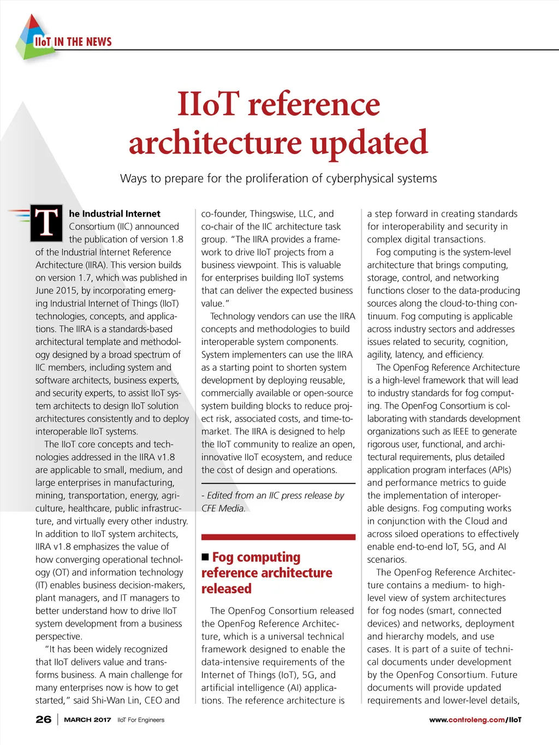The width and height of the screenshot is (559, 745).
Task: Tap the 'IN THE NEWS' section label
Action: coord(83,42)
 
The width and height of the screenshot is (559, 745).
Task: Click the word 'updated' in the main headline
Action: coord(369,142)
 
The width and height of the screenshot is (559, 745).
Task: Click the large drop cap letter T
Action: coord(46,222)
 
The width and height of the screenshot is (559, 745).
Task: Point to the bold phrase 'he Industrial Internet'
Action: coord(115,213)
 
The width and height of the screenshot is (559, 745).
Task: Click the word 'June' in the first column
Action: coord(46,290)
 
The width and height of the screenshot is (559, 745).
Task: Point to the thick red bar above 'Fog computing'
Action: coord(278,538)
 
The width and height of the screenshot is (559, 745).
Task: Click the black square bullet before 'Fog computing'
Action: coord(205,557)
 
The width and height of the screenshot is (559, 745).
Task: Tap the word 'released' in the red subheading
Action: coord(227,588)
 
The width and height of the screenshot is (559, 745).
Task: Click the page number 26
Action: coord(44,719)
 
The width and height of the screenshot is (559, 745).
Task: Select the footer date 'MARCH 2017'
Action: coord(87,720)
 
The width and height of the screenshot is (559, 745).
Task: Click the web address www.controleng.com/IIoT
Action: coord(475,720)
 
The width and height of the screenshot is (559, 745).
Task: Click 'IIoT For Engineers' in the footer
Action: coord(141,720)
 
